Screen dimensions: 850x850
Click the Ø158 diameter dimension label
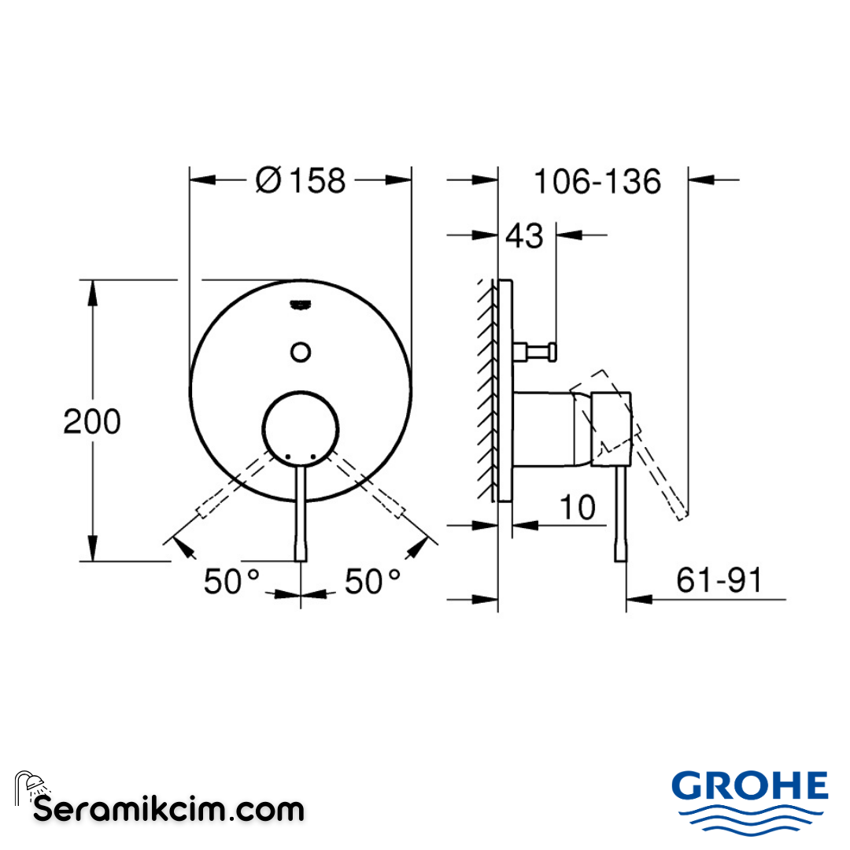(301, 181)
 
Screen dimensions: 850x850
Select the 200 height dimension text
(92, 422)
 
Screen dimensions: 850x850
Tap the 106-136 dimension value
(597, 182)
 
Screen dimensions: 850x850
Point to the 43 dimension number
(524, 235)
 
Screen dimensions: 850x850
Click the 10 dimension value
(578, 508)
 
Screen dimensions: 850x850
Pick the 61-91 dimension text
(719, 581)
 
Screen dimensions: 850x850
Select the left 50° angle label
(231, 582)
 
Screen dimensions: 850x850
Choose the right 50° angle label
(373, 582)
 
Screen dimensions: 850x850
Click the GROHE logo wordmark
(749, 785)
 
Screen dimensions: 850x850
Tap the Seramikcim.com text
(169, 808)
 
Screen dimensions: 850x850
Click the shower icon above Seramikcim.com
(31, 785)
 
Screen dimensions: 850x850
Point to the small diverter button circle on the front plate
(301, 350)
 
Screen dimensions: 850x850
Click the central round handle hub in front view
(301, 429)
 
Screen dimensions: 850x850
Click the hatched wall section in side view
(486, 390)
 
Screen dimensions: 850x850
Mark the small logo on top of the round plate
(301, 305)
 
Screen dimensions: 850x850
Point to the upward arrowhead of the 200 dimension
(93, 293)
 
